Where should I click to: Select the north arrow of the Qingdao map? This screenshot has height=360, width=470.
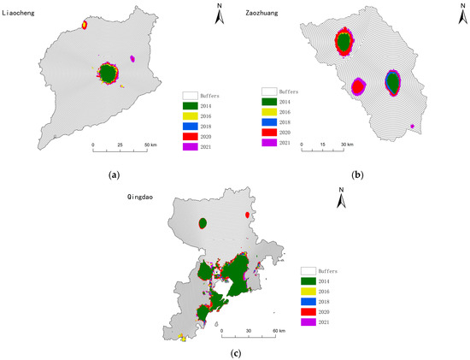[340, 202]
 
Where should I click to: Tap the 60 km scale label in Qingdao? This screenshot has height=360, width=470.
[279, 330]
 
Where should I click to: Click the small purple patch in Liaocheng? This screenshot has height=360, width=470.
[132, 58]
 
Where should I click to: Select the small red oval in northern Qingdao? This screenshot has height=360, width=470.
[248, 215]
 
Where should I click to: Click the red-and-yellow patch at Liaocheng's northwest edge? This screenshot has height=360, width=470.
[85, 25]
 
